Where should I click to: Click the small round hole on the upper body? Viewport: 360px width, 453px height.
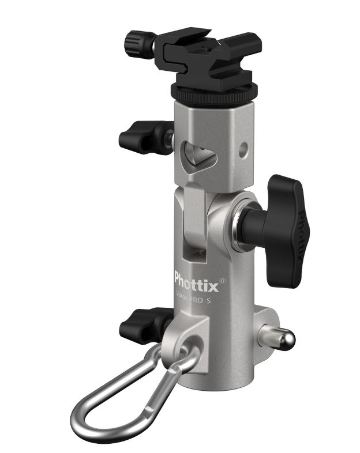(x=244, y=149)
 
